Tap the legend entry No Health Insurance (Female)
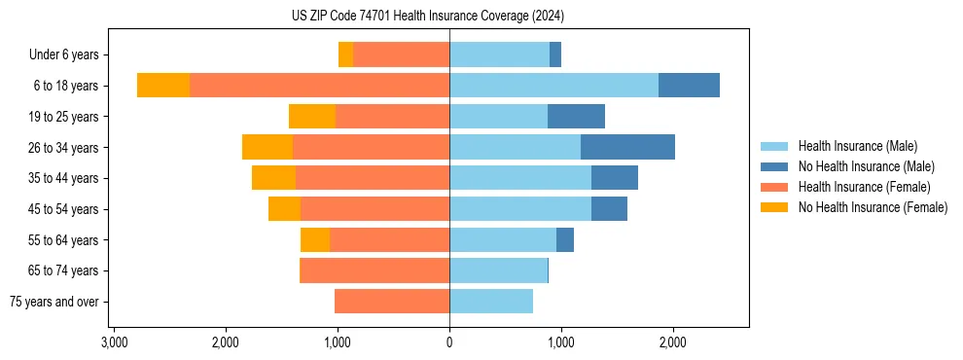click(873, 207)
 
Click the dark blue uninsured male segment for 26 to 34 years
click(627, 147)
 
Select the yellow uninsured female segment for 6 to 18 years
click(163, 86)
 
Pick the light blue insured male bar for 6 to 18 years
click(553, 86)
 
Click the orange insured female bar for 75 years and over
click(392, 302)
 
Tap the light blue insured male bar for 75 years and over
click(491, 302)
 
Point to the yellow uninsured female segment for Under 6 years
click(345, 55)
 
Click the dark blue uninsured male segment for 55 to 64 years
click(565, 239)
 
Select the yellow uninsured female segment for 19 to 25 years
click(312, 117)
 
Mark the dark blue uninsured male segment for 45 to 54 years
click(609, 209)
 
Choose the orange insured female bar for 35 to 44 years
click(373, 178)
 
